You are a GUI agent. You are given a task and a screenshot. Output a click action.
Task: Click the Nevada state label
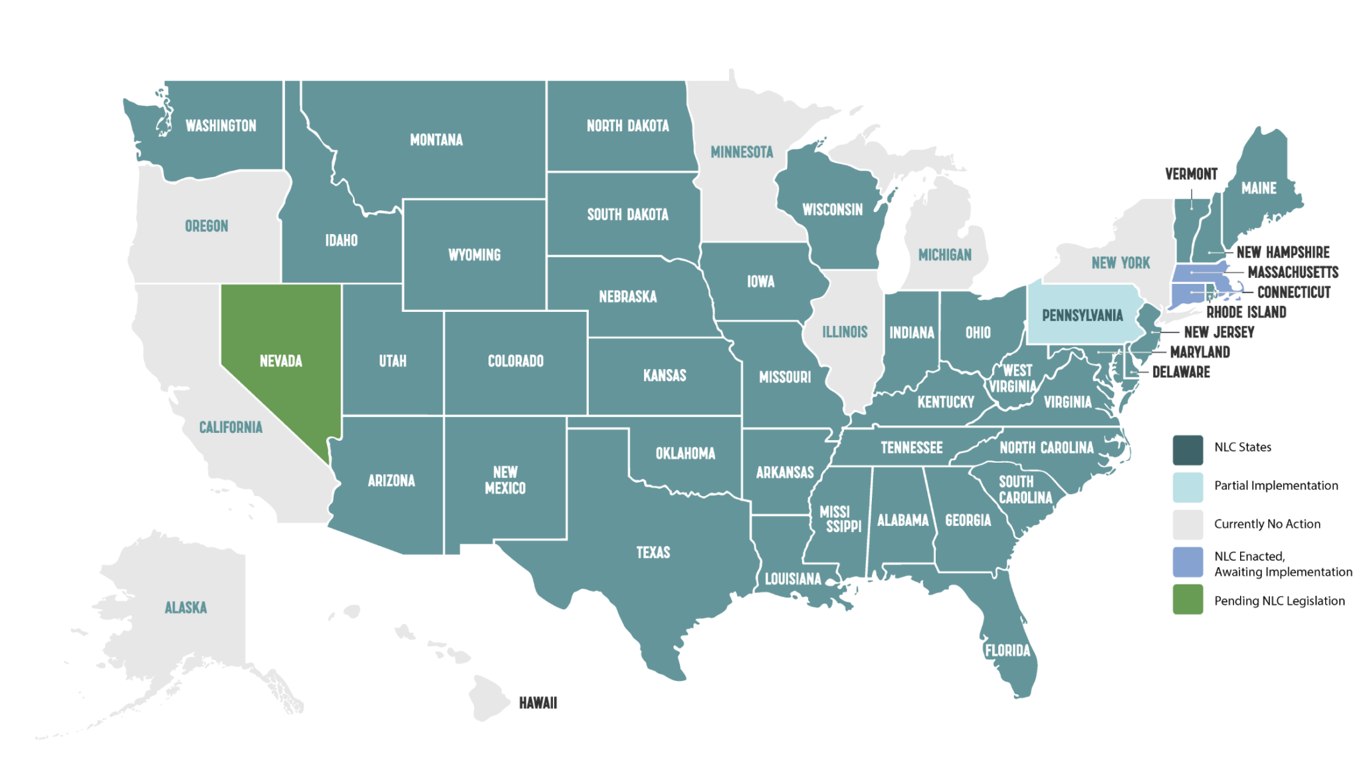280,361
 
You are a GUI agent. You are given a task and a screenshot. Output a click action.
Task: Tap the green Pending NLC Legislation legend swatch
1188,600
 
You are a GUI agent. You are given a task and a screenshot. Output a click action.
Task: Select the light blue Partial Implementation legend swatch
1188,487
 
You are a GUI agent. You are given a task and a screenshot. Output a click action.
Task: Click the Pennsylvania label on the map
1082,315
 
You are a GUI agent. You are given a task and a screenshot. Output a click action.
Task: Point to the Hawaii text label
538,703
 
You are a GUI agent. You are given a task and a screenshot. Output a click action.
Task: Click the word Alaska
185,607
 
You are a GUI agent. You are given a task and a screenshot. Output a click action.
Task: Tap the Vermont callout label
1191,174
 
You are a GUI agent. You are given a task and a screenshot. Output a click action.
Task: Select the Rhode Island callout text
1246,312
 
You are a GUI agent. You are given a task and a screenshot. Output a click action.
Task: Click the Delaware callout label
1181,372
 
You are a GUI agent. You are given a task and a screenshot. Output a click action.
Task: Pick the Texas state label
653,552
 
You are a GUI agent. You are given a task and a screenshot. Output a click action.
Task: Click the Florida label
1007,650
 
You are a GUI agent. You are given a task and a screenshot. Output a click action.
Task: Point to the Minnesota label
742,152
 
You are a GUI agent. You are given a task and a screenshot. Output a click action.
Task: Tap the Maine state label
1259,188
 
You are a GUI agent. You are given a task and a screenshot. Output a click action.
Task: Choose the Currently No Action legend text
1267,524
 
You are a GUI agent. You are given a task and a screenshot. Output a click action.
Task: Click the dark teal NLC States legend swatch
1188,449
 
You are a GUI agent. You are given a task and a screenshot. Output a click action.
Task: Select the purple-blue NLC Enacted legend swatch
1188,563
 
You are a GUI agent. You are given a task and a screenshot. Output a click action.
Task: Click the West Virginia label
1013,378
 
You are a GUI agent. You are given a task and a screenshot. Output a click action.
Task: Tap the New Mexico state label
505,480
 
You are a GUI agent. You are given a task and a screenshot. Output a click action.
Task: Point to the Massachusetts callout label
1293,272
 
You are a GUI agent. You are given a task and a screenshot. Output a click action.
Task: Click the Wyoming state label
474,255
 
